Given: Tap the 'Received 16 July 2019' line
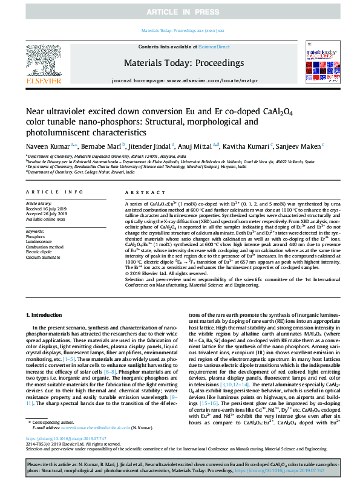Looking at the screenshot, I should pos(47,208).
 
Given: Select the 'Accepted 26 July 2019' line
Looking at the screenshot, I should pos(47,213).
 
